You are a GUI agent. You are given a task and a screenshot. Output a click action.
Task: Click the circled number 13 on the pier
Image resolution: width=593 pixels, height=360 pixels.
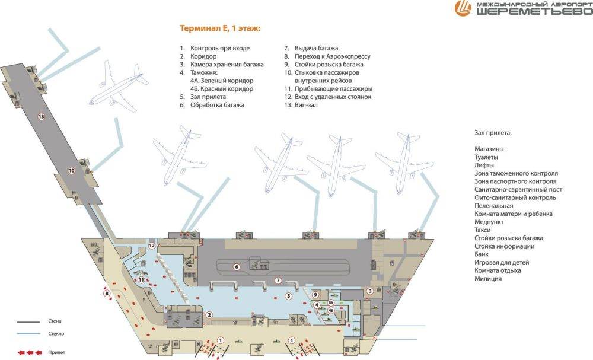(x=42, y=116)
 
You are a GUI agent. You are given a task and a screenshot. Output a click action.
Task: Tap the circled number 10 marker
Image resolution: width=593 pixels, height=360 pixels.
(x=72, y=171)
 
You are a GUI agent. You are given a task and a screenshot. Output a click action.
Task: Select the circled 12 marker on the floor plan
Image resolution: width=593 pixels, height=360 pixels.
(x=152, y=246)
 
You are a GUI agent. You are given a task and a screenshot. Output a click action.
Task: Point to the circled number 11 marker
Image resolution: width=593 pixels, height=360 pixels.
(x=141, y=280)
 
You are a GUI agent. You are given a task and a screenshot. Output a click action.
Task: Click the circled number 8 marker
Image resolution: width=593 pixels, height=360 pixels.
(x=107, y=293)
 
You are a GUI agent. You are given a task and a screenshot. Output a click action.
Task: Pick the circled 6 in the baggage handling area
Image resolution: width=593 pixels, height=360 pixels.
(x=237, y=267)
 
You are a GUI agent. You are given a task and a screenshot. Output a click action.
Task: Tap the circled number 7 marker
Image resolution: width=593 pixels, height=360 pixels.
(x=278, y=281)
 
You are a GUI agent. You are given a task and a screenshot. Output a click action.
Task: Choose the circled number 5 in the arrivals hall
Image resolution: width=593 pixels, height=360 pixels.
(x=289, y=296)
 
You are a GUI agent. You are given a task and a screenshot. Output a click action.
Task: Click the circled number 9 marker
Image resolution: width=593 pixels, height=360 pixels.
(x=315, y=295)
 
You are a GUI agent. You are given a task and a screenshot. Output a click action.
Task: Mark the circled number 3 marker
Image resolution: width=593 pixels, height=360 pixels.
(x=370, y=291)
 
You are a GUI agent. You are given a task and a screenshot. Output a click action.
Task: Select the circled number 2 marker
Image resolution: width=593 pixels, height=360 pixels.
(x=208, y=315)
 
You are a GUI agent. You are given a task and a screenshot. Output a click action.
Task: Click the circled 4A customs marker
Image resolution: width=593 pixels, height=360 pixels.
(x=331, y=302)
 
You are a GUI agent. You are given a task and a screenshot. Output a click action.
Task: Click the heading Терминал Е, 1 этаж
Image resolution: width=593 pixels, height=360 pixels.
(x=220, y=28)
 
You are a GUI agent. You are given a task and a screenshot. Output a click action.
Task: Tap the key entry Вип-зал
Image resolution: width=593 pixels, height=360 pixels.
(x=306, y=105)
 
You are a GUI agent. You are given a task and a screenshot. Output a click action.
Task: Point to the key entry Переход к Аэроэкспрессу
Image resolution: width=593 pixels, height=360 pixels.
(x=333, y=56)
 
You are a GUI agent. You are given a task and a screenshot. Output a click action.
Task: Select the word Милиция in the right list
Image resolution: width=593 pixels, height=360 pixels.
(x=488, y=278)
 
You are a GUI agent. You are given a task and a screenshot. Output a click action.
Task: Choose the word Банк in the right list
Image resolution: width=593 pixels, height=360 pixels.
(x=482, y=254)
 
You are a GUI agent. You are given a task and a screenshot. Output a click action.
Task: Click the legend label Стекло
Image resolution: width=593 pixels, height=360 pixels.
(x=56, y=334)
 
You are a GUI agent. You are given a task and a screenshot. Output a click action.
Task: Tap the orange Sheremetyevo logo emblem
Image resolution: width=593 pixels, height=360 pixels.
(x=463, y=8)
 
